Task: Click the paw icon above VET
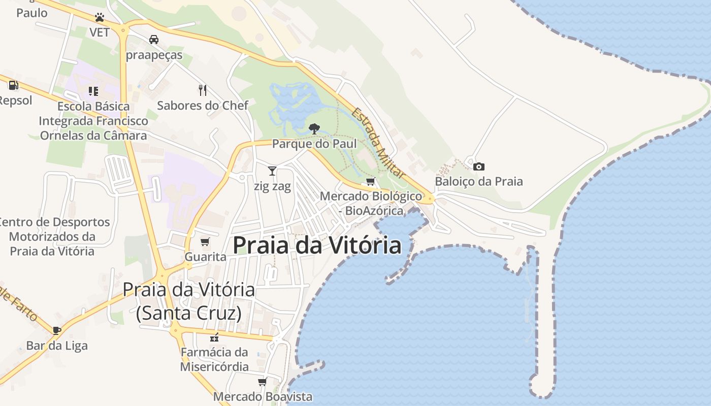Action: (x=100, y=18)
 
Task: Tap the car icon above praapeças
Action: (x=153, y=39)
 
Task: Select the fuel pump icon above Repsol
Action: (x=13, y=85)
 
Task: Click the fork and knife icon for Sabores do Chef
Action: (x=203, y=90)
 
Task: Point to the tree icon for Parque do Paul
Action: (x=314, y=128)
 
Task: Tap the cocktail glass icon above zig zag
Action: (x=272, y=171)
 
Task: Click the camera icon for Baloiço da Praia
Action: (x=478, y=166)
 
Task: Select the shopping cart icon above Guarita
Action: (x=205, y=242)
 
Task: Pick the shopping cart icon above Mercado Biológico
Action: (x=371, y=181)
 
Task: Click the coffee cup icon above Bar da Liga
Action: (x=57, y=330)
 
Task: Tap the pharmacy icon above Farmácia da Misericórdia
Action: (x=214, y=337)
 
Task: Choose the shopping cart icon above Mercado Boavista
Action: (x=262, y=382)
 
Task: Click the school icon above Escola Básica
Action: (x=93, y=91)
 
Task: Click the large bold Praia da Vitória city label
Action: (x=317, y=245)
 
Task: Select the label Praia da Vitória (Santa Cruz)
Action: (x=188, y=301)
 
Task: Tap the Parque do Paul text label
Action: (x=314, y=144)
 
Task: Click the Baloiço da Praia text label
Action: (x=478, y=181)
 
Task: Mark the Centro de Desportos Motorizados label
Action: (x=52, y=236)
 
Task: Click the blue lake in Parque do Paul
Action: (x=295, y=104)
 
